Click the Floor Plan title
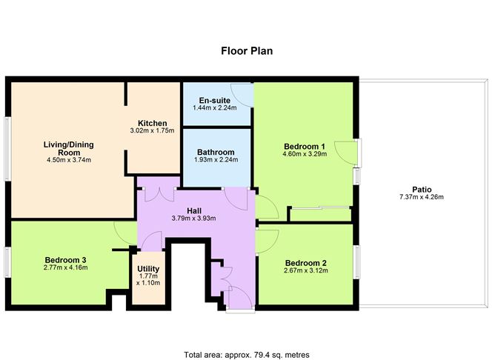(247, 51)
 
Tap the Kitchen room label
(152, 123)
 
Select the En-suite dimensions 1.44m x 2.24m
(214, 108)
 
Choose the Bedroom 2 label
(306, 263)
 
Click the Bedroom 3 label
(66, 259)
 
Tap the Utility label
(149, 268)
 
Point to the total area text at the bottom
(246, 334)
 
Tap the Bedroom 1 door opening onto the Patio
(345, 152)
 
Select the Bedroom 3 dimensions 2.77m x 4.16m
(66, 267)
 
